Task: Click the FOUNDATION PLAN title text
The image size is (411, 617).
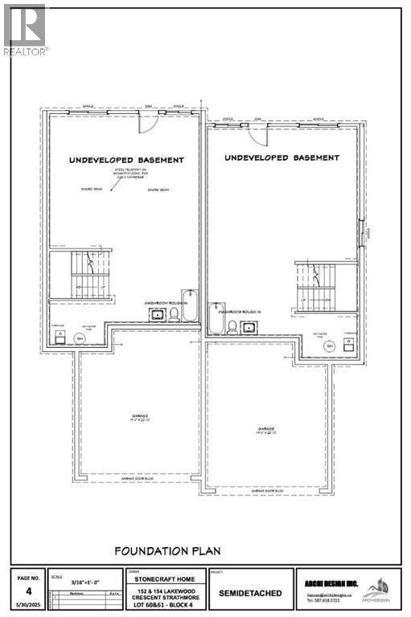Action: (167, 550)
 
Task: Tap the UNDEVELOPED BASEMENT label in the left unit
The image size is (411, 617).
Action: (126, 161)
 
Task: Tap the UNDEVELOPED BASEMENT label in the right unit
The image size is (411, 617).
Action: (282, 157)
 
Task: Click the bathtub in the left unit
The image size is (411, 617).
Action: (188, 305)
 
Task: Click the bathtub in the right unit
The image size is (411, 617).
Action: (215, 318)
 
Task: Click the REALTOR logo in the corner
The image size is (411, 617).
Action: (25, 29)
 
